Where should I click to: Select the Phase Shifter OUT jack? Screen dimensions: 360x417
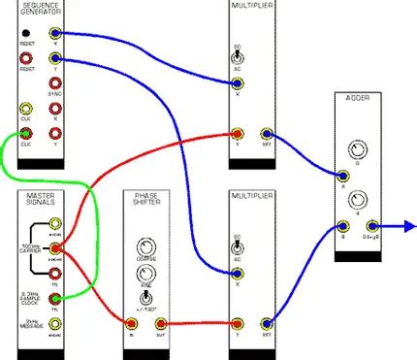pos(162,322)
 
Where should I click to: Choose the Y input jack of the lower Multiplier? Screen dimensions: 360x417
pos(238,322)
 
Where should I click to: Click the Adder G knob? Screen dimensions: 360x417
pos(360,150)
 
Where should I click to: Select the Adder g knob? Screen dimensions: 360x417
pos(360,202)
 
